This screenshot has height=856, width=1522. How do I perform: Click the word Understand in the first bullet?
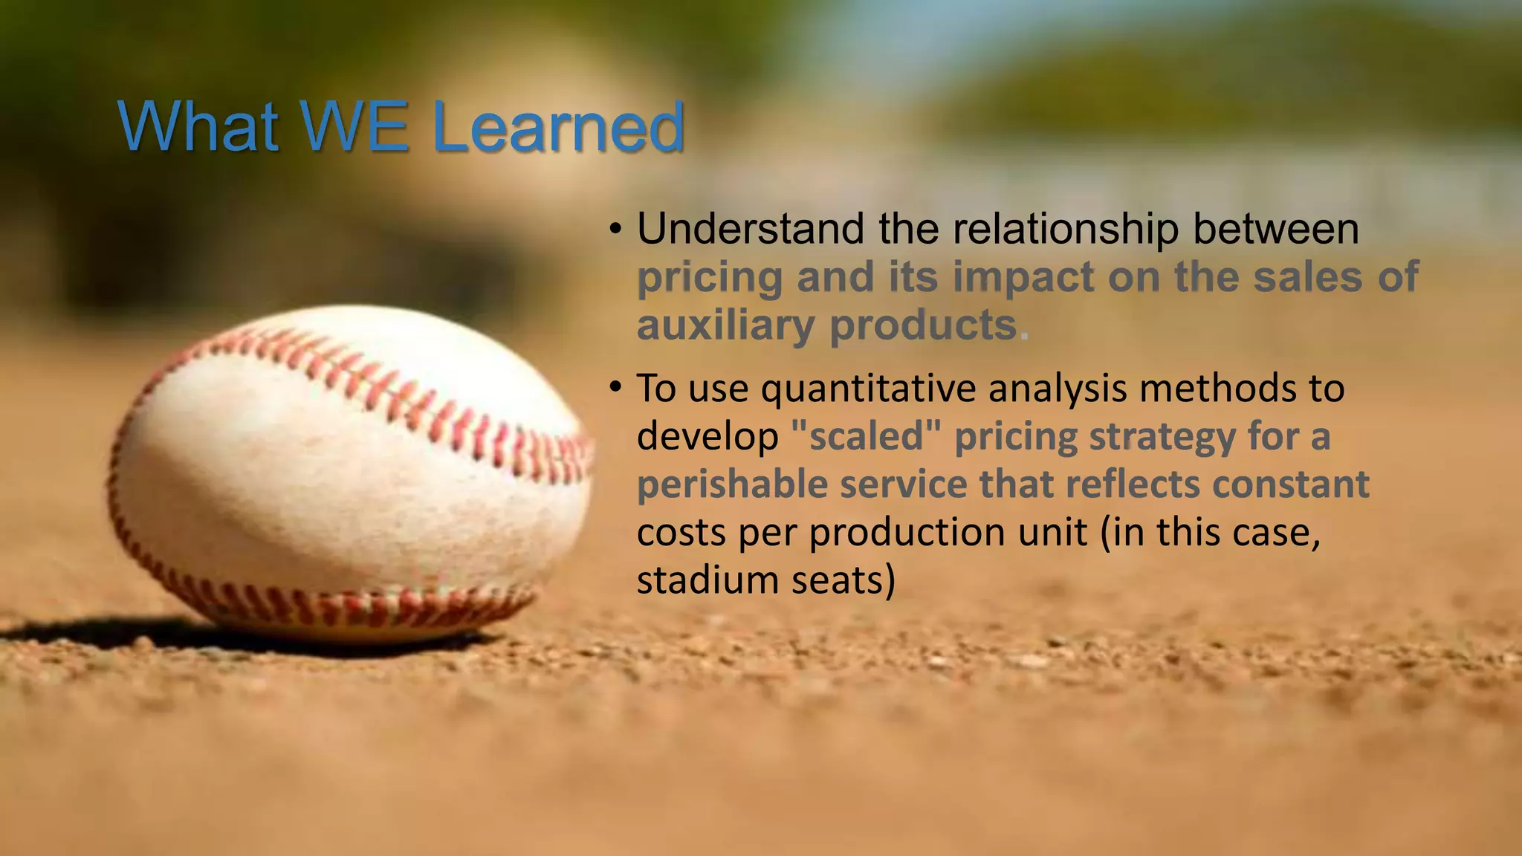click(x=751, y=229)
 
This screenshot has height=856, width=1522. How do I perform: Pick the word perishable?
click(x=732, y=484)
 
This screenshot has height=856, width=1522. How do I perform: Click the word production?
click(x=948, y=533)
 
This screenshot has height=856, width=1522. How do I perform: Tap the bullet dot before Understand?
click(x=615, y=229)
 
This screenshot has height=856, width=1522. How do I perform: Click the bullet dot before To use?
click(x=615, y=387)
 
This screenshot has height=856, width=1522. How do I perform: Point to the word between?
click(x=1276, y=229)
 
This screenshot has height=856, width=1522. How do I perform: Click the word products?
click(x=922, y=325)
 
